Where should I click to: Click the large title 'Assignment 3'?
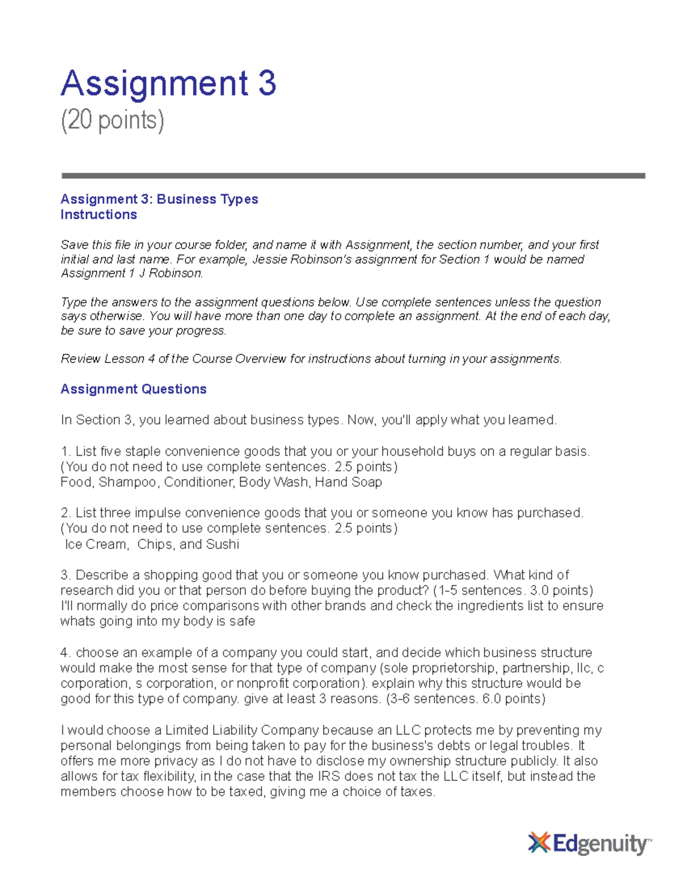[x=168, y=84]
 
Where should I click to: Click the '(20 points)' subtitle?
[x=112, y=121]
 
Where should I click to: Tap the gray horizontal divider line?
[x=353, y=176]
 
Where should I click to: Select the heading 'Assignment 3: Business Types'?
[x=159, y=199]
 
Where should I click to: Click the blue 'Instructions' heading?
[x=98, y=215]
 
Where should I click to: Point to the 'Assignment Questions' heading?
[x=133, y=389]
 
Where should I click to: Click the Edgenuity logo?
[x=589, y=843]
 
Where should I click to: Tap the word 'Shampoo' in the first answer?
[x=127, y=483]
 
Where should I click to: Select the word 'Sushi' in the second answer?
[x=222, y=544]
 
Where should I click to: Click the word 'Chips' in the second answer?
[x=155, y=544]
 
